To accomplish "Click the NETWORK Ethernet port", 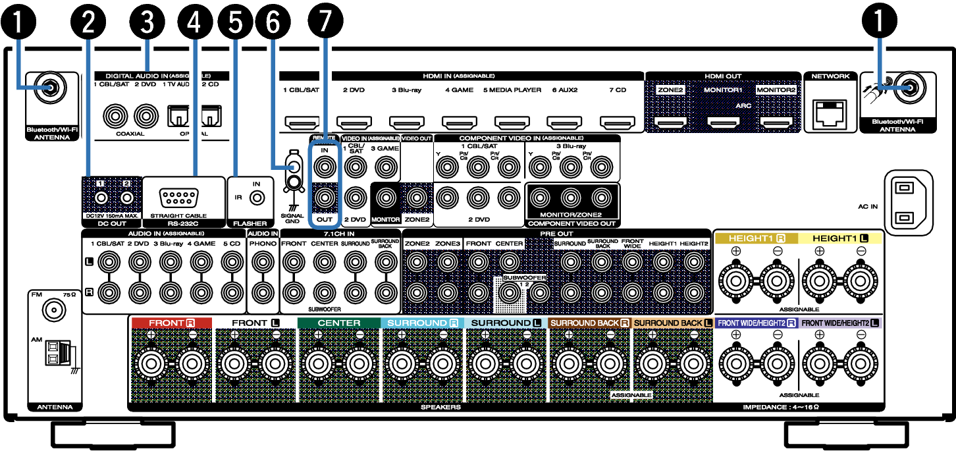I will point(830,115).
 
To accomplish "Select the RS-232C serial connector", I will point(180,198).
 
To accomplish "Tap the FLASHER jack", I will point(258,198).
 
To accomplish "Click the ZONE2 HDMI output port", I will point(670,122).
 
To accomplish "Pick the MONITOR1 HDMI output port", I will point(724,122).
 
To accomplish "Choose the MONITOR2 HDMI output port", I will point(776,122).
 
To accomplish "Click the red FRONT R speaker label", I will point(172,323).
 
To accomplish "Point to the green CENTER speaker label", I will point(339,323).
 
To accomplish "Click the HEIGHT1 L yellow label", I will point(840,238).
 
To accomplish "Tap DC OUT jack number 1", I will point(101,197).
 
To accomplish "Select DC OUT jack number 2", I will point(127,197).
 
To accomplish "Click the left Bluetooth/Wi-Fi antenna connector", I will point(49,87).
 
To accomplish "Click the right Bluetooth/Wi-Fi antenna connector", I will point(909,87).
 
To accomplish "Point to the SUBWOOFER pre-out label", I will point(525,278).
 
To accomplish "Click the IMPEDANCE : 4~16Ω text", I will point(781,407).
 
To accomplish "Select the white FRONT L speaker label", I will point(255,323).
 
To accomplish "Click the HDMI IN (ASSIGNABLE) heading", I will point(459,76).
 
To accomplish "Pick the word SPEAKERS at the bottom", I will point(440,407).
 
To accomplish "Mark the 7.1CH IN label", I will point(339,234).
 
